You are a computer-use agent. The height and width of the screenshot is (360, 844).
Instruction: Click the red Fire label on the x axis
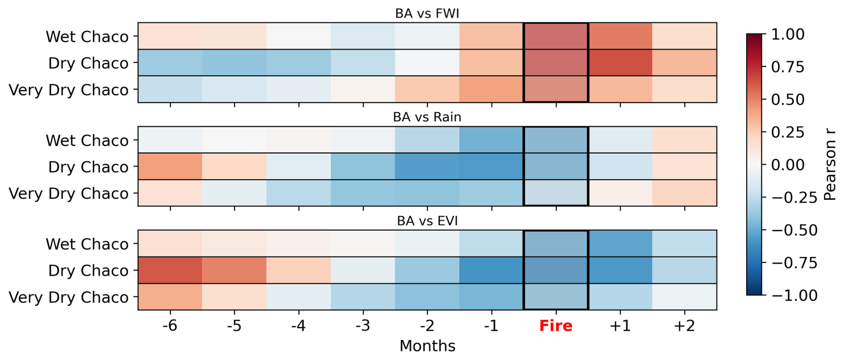point(556,326)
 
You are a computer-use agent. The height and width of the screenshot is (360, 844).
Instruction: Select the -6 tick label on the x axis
point(170,326)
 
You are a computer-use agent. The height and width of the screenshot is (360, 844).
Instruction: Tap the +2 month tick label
point(684,326)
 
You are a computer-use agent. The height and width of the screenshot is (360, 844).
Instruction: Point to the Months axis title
point(427,346)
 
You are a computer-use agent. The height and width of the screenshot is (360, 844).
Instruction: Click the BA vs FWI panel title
point(427,13)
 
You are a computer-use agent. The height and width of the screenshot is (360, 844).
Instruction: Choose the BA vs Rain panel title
point(427,117)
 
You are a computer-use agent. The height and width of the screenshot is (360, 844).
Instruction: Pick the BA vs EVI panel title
point(427,221)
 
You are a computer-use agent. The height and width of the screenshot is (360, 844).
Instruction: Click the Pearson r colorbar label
point(830,164)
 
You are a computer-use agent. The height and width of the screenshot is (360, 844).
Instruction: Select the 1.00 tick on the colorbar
point(788,34)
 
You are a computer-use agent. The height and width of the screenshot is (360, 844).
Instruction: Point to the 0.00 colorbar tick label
point(788,165)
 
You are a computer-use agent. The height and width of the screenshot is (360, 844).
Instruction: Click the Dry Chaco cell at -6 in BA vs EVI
point(170,270)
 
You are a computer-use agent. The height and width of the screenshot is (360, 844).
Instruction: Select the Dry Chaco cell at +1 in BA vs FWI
point(620,62)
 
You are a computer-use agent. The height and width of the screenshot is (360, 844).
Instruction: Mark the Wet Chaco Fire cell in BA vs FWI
point(556,36)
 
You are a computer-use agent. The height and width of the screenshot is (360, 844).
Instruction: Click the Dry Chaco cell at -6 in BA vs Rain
point(170,166)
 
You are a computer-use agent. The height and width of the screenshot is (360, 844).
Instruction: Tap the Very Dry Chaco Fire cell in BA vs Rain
point(556,193)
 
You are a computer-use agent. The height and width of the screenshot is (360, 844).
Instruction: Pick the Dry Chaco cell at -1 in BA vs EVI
point(492,270)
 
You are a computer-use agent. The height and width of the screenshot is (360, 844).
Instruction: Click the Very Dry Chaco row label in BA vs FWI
point(69,90)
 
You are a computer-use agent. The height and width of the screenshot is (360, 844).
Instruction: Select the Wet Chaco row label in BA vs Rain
point(87,141)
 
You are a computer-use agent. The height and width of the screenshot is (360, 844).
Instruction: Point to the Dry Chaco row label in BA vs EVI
point(88,271)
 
